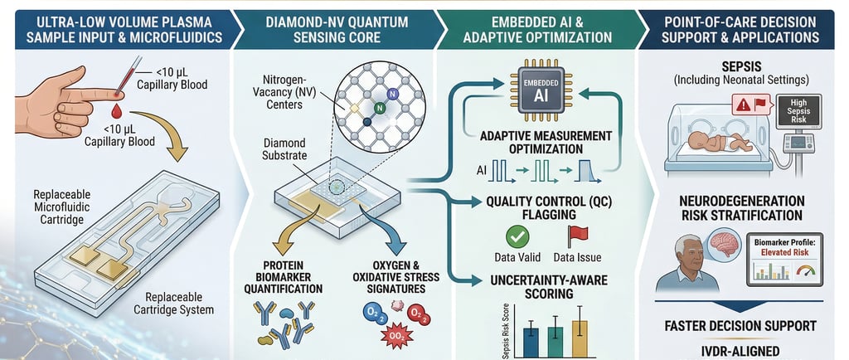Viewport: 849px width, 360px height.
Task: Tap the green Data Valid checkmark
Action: (517, 236)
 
